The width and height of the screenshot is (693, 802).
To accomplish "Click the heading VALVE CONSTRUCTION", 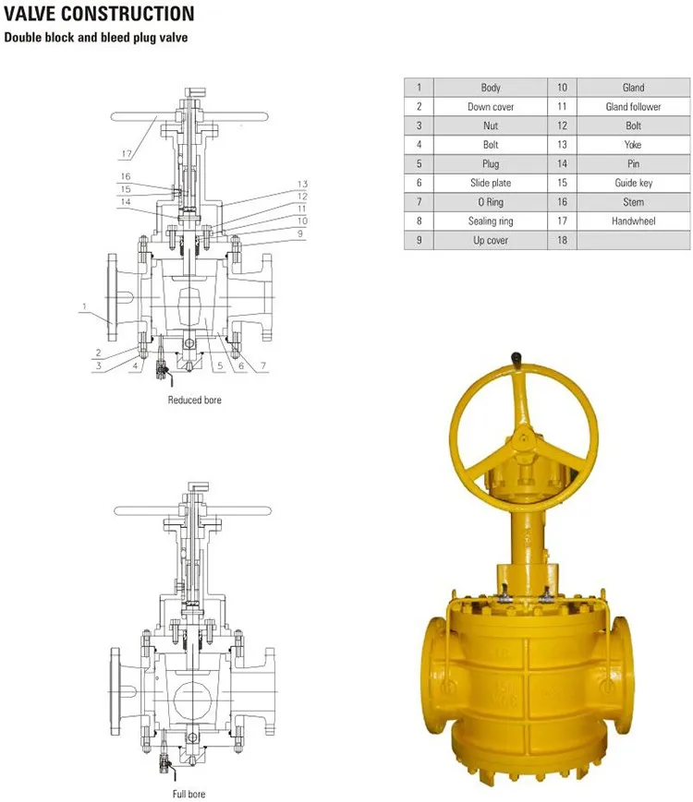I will coord(100,15).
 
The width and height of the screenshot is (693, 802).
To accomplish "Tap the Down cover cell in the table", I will coord(490,107).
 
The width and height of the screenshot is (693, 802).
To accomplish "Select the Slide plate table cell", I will coord(490,183).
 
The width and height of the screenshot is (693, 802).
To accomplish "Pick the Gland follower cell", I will coord(633,107).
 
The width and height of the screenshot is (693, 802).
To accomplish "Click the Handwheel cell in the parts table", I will coord(633,221).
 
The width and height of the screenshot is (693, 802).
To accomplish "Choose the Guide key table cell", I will coord(633,183).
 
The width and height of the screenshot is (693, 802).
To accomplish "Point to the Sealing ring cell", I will coord(490,221).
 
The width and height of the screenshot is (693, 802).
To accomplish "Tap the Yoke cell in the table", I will coord(633,145).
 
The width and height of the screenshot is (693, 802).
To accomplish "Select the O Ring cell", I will coord(490,202).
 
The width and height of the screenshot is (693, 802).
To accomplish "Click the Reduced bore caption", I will coord(194,400).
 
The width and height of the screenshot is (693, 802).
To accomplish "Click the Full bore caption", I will coord(188,794).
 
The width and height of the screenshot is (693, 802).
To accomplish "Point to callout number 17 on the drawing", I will coord(126,153).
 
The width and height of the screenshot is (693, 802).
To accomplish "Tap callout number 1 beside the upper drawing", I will coord(83,306).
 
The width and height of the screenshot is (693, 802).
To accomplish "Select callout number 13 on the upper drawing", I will coord(301,184).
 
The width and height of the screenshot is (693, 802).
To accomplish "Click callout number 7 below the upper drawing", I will coord(262,366).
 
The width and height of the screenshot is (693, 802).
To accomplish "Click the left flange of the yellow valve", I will coord(439,664).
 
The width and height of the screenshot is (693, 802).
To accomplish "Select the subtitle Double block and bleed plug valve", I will coord(96,39).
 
